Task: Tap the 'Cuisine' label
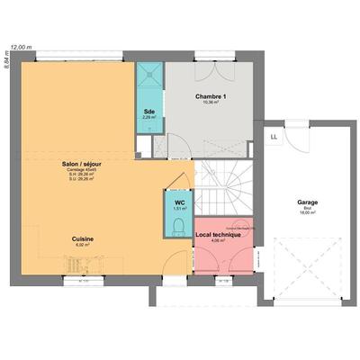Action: (x=83, y=238)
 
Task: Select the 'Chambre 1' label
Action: (x=211, y=96)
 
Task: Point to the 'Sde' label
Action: (x=148, y=111)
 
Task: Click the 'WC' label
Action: (x=178, y=202)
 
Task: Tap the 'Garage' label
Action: (x=307, y=202)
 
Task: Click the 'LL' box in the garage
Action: (x=274, y=137)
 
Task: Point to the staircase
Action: (x=225, y=189)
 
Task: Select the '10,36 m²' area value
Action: (x=211, y=103)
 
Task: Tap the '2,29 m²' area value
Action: (x=148, y=117)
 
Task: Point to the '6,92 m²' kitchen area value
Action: (x=83, y=245)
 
